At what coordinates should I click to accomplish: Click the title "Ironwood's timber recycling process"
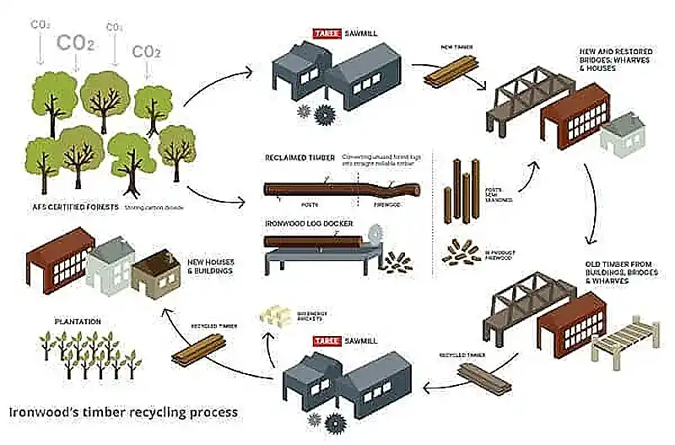[x=123, y=413]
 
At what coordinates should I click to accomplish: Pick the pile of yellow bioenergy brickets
[x=275, y=314]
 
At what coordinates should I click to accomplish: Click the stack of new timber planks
[x=444, y=74]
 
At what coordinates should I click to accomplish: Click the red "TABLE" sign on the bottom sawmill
[x=327, y=341]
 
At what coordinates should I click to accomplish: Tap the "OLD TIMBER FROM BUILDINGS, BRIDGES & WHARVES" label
[x=621, y=273]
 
